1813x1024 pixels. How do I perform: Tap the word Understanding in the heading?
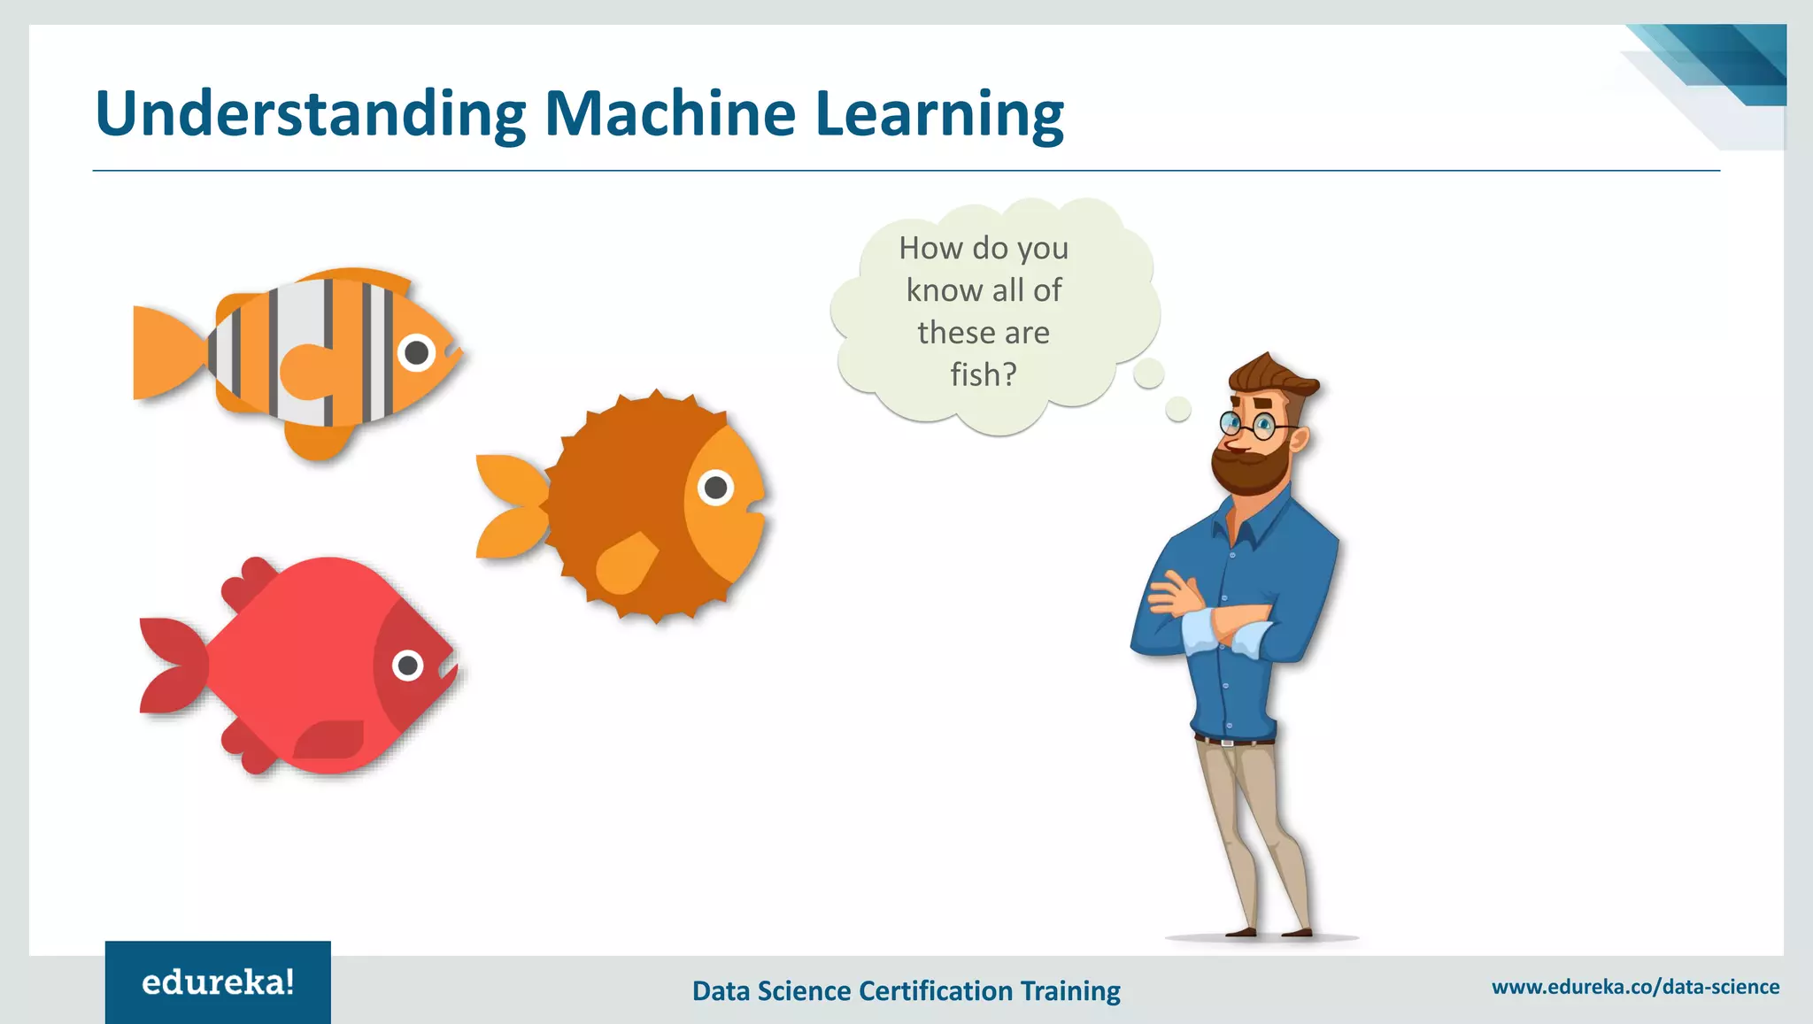click(x=310, y=115)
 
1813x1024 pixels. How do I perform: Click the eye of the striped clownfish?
click(x=416, y=353)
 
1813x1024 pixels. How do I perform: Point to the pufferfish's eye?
click(x=715, y=487)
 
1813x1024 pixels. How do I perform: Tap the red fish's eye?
click(x=407, y=664)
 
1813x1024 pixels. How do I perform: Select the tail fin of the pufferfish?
click(x=512, y=506)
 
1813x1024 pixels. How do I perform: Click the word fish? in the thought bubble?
click(x=984, y=374)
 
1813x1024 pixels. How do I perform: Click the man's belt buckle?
click(x=1228, y=742)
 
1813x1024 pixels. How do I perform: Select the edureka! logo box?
click(x=218, y=982)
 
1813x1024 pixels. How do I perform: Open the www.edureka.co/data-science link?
click(x=1635, y=987)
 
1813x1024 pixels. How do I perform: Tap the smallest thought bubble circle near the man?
click(x=1178, y=409)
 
